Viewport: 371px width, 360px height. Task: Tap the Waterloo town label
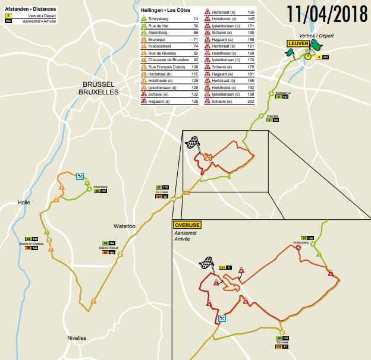(x=125, y=226)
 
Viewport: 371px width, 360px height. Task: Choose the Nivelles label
(x=77, y=337)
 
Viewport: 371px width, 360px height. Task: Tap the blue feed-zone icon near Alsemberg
(x=80, y=176)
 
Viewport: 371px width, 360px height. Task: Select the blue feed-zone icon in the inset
(x=222, y=318)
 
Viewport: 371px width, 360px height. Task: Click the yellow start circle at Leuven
(x=308, y=56)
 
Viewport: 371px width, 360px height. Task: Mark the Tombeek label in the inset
(x=282, y=343)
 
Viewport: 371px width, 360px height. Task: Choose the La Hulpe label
(x=159, y=192)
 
